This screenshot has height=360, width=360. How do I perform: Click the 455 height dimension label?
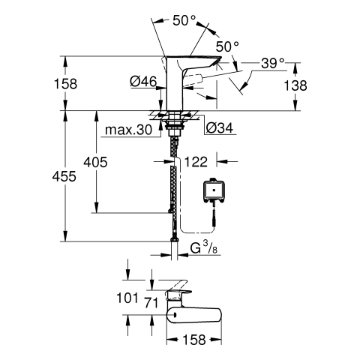pos(64,176)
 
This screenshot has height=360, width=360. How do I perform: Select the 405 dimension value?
pos(95,162)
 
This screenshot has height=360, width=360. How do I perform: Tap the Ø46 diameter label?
pos(143,82)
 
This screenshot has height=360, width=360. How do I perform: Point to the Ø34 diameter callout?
pos(220,128)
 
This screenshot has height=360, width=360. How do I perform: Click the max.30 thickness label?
pos(128,130)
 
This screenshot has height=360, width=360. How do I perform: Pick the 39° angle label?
pos(273,63)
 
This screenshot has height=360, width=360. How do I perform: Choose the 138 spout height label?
pos(295,85)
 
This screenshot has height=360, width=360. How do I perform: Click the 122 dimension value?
pos(196,162)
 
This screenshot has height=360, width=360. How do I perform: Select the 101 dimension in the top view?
pos(127,298)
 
